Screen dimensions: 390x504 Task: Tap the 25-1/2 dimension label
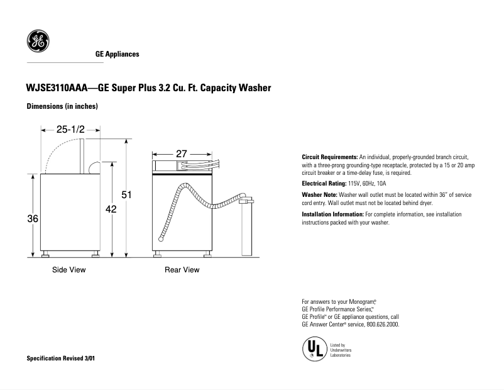click(x=70, y=130)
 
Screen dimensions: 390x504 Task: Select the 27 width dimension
click(x=181, y=153)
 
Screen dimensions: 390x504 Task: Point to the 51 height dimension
click(x=126, y=195)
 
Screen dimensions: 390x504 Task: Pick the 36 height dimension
click(x=33, y=218)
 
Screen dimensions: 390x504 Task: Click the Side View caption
click(x=68, y=270)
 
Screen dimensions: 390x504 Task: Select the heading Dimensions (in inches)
click(x=62, y=106)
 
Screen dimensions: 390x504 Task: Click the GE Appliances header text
click(x=117, y=55)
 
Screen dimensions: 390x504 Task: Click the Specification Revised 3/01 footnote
click(x=62, y=358)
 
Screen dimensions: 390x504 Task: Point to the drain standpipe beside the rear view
click(x=246, y=230)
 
